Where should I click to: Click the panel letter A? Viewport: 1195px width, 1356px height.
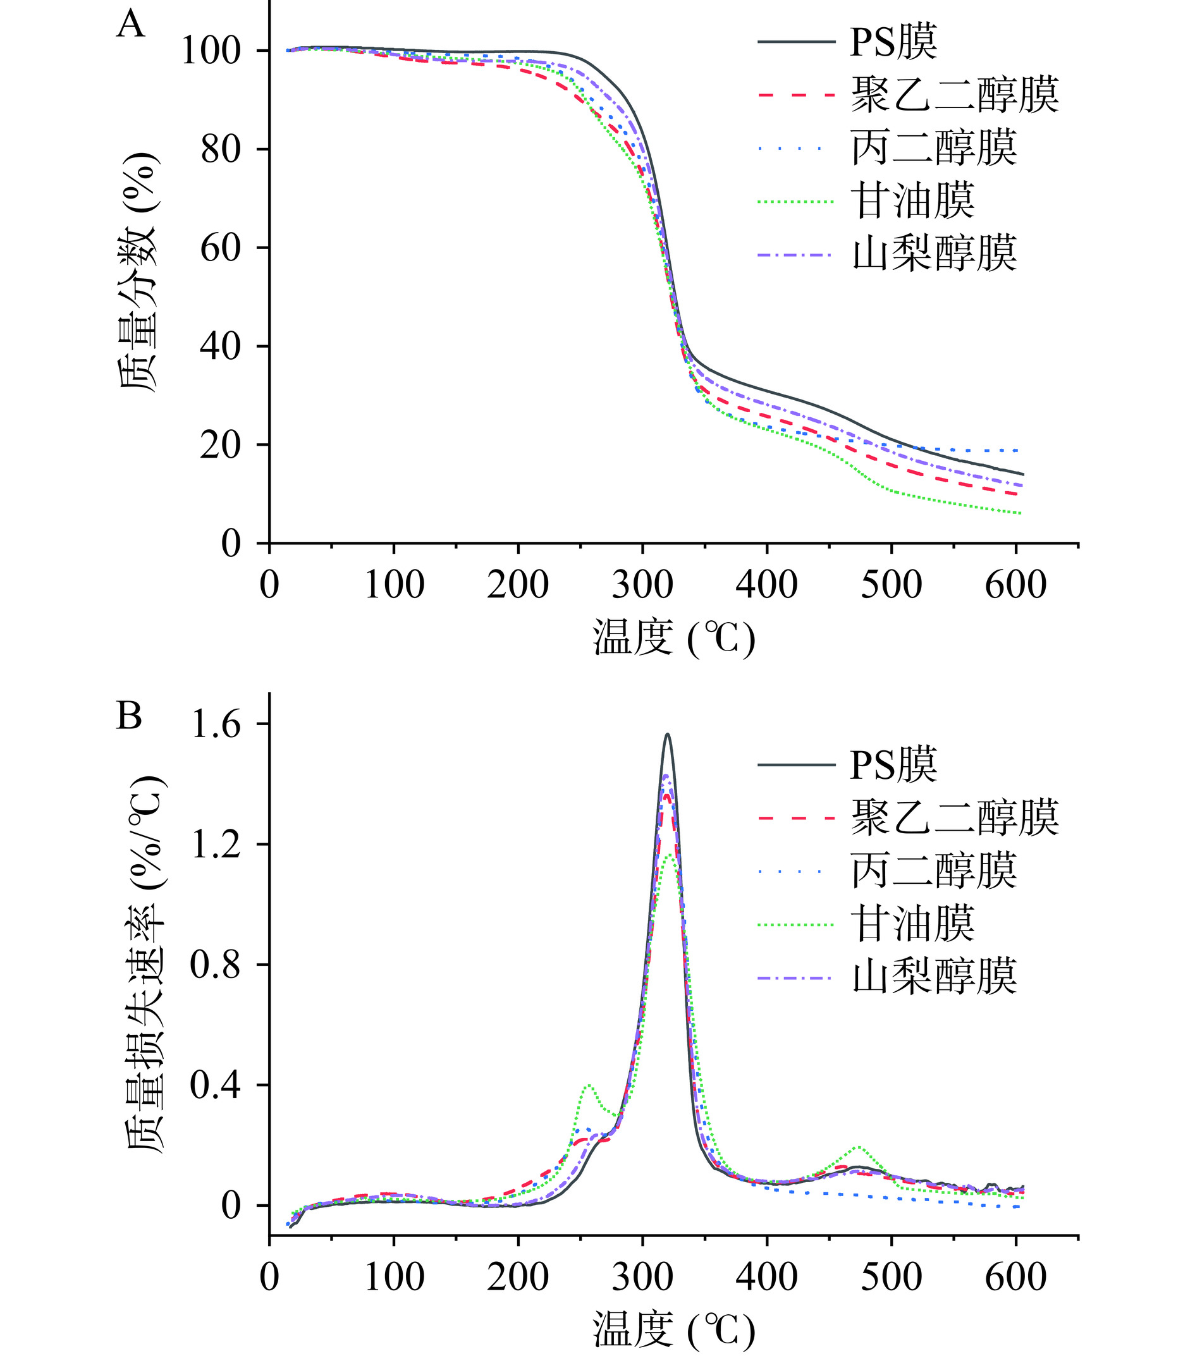pos(130,25)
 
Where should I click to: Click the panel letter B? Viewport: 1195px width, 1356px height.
pos(130,717)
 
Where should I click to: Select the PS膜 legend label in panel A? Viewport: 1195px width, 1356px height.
pos(893,41)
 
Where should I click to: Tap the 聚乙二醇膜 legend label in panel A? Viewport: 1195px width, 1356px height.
pos(954,95)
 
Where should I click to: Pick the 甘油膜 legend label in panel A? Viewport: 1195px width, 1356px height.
pos(913,201)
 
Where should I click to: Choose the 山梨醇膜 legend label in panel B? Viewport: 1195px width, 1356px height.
pos(935,977)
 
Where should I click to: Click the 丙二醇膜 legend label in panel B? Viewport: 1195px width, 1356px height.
pos(935,870)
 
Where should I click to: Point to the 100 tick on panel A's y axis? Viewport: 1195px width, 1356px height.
pos(219,51)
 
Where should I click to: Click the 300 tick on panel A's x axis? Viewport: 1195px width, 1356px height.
pos(642,585)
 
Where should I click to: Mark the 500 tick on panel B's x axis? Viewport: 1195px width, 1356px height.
pos(891,1277)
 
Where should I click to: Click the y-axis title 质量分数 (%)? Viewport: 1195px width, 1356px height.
pos(139,272)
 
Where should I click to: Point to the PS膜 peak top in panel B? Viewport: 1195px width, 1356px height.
pos(668,735)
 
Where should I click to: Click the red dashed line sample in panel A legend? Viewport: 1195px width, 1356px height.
pos(795,95)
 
